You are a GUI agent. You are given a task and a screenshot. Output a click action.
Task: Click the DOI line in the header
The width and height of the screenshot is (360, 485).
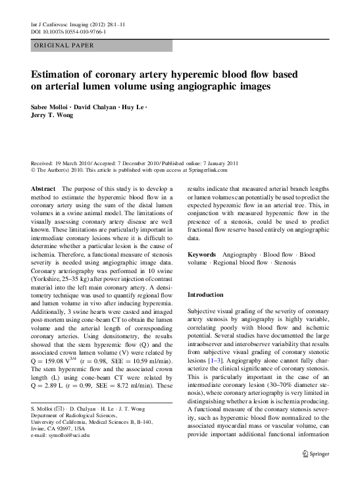69,32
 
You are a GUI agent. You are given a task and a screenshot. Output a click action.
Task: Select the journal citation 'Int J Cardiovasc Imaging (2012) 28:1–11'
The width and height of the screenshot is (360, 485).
78,24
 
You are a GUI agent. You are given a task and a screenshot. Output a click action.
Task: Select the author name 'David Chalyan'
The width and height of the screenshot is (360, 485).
96,107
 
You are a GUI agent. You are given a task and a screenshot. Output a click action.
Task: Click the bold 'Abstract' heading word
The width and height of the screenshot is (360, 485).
43,189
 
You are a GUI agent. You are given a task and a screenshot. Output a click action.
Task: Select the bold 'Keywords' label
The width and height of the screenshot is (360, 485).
203,254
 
